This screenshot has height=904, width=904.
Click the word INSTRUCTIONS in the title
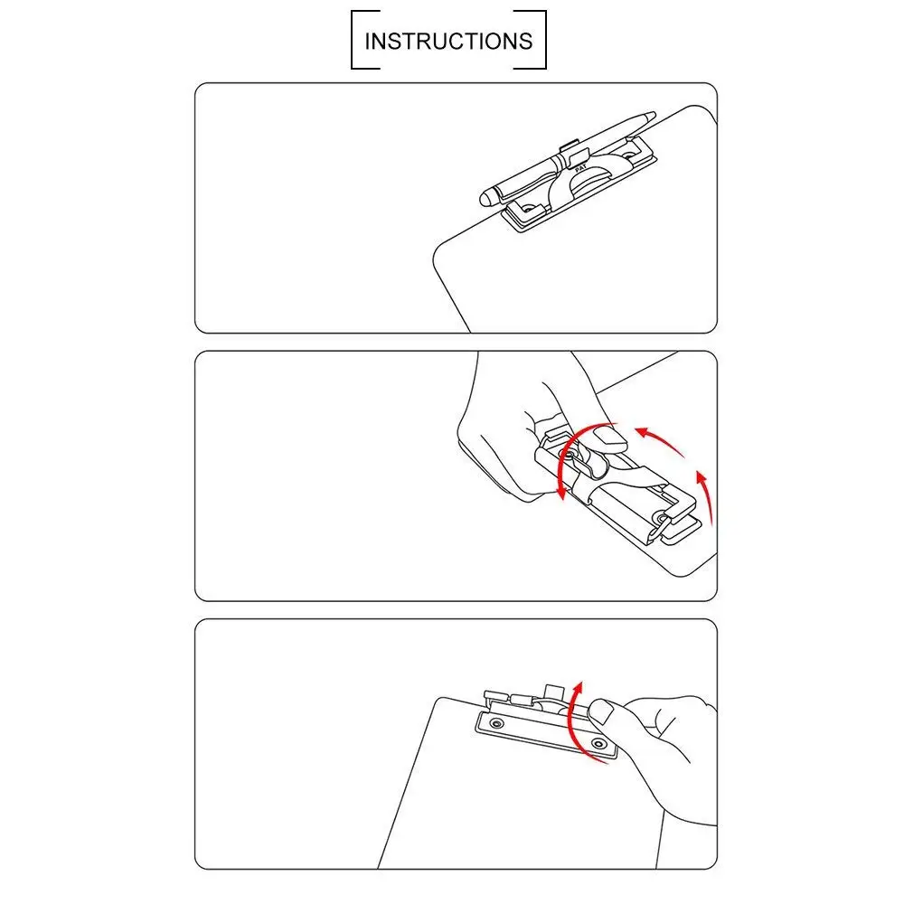tap(448, 41)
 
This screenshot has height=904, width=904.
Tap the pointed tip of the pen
tap(654, 114)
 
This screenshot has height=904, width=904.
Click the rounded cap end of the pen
tap(486, 198)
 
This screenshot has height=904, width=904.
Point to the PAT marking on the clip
tap(580, 168)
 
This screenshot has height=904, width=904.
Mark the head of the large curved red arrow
tap(561, 492)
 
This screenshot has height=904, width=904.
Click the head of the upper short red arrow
tap(641, 432)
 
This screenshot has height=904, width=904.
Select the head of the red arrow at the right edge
tap(702, 478)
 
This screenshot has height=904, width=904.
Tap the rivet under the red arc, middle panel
tap(569, 456)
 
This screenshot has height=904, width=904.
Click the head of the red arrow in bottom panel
tap(578, 688)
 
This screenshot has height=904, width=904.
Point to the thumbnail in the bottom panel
tap(601, 711)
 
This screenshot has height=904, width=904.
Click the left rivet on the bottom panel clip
tap(496, 723)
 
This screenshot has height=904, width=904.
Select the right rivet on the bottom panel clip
tap(598, 743)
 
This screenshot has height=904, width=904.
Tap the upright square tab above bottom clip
tap(553, 692)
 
